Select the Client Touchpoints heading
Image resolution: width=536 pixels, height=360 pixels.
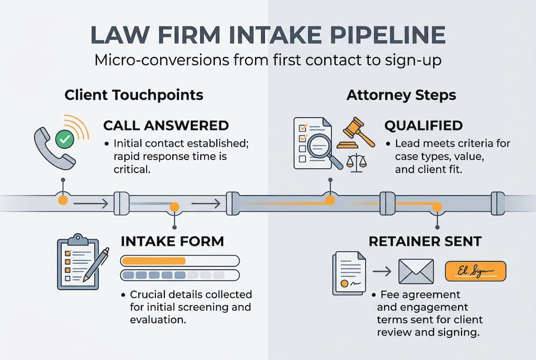coord(134,95)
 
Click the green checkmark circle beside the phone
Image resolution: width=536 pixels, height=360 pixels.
coord(63,139)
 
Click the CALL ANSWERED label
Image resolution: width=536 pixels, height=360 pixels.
coord(166,125)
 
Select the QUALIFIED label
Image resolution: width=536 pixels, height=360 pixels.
coord(424,125)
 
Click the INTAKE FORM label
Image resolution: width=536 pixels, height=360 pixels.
coord(172,241)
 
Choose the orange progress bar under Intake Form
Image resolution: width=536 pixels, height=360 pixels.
coord(154,260)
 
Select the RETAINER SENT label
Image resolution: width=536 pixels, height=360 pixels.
coord(425,241)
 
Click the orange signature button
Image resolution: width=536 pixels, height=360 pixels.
coord(475,271)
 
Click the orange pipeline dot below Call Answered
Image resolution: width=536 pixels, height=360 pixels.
coord(63,200)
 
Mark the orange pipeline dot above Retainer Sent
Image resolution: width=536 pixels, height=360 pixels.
coord(437,206)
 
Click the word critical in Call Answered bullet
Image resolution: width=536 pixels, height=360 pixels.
coord(132,169)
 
